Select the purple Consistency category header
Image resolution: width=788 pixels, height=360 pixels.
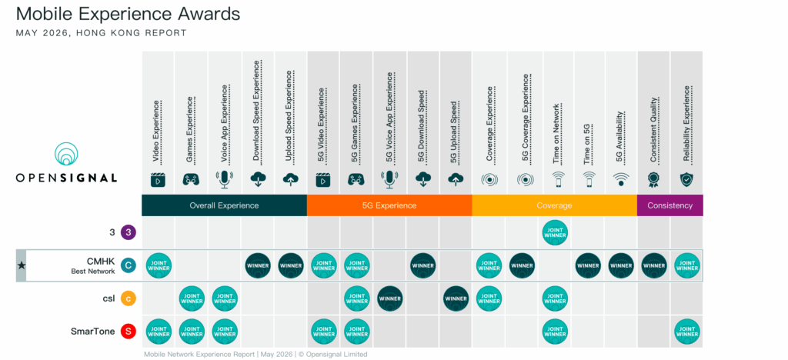click(x=670, y=205)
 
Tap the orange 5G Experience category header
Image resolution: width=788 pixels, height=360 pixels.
click(x=389, y=205)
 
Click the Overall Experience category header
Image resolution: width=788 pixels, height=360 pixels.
click(x=224, y=205)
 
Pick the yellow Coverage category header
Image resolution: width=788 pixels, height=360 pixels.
click(x=554, y=205)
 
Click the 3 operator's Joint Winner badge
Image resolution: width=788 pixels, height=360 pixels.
click(x=556, y=233)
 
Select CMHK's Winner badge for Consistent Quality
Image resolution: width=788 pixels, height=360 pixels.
click(x=654, y=265)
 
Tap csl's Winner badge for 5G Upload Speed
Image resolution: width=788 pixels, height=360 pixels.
click(x=456, y=298)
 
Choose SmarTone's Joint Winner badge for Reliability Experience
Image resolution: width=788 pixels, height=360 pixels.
click(x=686, y=332)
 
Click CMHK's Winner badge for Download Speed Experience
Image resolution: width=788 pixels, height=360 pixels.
click(x=258, y=265)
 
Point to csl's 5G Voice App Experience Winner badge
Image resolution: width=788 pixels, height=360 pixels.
click(x=390, y=298)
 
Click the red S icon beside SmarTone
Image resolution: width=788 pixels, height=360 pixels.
click(x=129, y=332)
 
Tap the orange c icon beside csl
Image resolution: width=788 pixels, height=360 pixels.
click(x=129, y=298)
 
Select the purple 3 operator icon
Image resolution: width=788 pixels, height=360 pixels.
click(x=129, y=233)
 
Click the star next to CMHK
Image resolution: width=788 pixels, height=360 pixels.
click(x=21, y=265)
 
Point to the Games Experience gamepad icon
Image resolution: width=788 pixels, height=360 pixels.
click(x=191, y=179)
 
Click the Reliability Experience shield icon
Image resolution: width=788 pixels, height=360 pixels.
click(x=686, y=179)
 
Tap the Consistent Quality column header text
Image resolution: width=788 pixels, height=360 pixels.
click(x=653, y=129)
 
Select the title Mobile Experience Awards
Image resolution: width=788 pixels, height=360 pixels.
click(x=129, y=14)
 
